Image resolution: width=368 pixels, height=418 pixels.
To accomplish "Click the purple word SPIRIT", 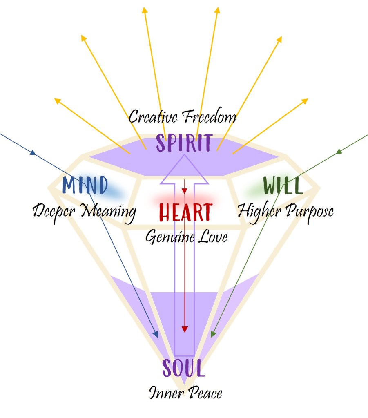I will (184, 143).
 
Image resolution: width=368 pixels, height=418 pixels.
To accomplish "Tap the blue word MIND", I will (85, 186).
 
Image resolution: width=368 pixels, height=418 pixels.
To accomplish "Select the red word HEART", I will (185, 212).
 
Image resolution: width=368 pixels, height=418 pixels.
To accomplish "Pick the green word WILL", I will (283, 186).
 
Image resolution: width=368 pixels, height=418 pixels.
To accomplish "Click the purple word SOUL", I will (183, 368).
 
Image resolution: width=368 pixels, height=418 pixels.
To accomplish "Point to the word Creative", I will (153, 117).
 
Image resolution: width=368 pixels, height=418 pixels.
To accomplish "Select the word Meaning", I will (108, 212).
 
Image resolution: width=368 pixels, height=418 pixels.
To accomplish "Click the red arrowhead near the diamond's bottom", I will (185, 329).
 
